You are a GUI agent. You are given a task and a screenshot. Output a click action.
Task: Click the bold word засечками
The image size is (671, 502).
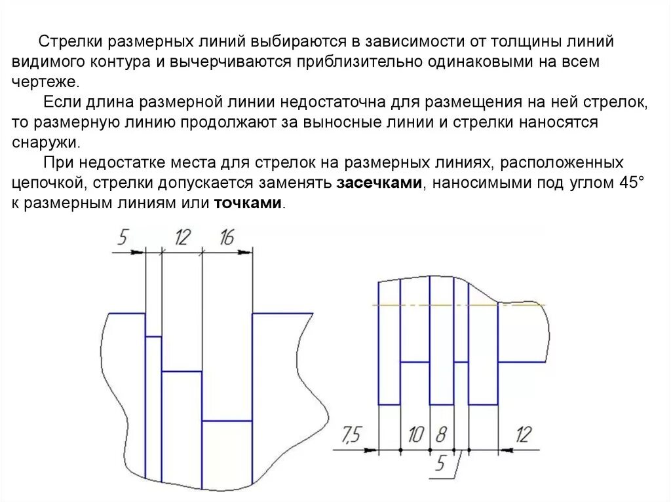click(x=379, y=183)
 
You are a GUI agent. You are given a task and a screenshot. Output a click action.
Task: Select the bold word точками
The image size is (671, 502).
click(x=248, y=204)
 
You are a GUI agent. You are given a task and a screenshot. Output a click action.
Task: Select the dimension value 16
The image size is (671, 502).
click(x=226, y=238)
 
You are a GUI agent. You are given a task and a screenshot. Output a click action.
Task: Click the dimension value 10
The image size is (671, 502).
click(x=415, y=435)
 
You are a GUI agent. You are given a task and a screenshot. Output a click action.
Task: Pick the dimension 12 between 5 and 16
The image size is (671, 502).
click(x=182, y=238)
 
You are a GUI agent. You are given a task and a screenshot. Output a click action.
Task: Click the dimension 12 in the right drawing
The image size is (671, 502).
click(x=524, y=434)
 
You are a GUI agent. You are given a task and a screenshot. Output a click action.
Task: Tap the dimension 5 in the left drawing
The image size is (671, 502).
click(x=123, y=238)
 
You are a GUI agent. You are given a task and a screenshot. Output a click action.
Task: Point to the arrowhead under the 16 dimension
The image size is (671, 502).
click(x=245, y=252)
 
